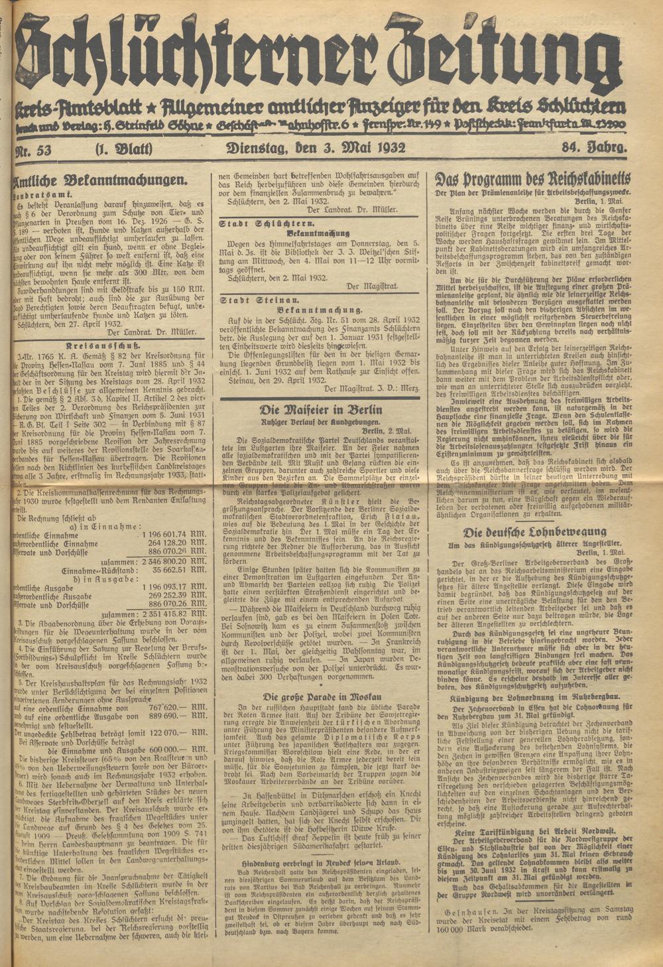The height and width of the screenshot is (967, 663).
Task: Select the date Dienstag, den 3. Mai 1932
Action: [315, 148]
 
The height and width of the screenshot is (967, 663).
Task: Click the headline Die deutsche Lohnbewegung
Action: [534, 532]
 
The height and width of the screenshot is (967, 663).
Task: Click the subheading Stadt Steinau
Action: [247, 299]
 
